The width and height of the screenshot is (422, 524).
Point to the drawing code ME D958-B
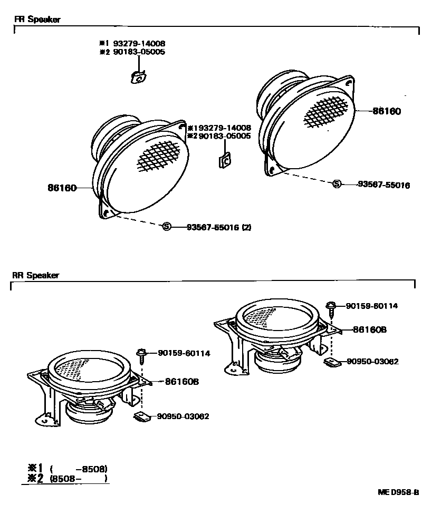[398, 492]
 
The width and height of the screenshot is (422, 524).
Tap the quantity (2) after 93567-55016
[246, 227]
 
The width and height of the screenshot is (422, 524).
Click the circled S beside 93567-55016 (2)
[167, 227]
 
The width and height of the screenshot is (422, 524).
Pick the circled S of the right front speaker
[337, 184]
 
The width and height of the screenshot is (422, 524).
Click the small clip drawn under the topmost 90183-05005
[138, 77]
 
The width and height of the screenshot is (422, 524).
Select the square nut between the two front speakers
[224, 160]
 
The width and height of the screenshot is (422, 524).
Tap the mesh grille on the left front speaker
[163, 157]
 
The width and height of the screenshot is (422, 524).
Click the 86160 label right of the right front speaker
[387, 111]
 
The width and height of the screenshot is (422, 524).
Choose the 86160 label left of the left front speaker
[62, 188]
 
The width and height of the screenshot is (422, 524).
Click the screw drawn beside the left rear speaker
[141, 356]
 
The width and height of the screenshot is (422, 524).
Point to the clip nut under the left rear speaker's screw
[141, 416]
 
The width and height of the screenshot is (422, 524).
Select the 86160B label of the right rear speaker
[370, 329]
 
